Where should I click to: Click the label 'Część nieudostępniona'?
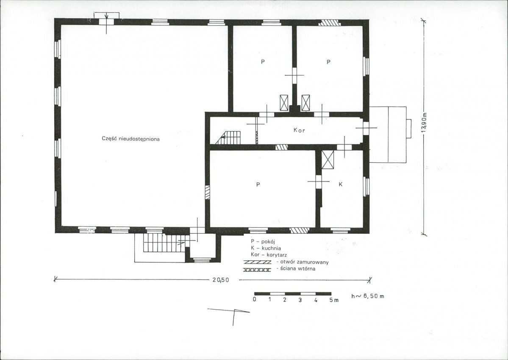pos(130,139)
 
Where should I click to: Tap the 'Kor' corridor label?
pos(299,130)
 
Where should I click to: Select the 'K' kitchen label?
pos(341,184)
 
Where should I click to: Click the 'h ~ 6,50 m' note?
pos(368,296)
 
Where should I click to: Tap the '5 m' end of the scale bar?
pos(334,300)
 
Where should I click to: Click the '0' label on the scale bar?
pos(255,299)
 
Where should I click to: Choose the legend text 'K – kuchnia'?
pos(266,248)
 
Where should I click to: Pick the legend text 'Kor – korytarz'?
pos(269,255)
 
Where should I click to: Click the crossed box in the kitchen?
pos(328,160)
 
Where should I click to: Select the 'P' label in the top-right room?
pos(328,61)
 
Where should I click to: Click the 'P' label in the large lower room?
pos(258,184)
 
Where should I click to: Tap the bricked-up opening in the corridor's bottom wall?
pos(281,147)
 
